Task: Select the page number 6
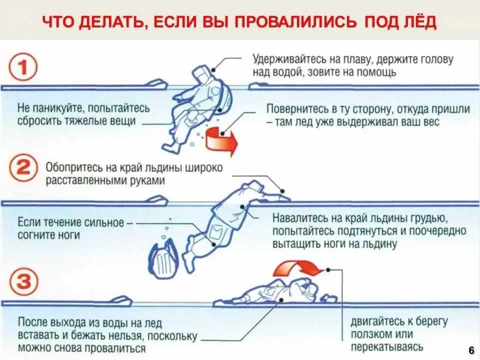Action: click(x=471, y=349)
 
